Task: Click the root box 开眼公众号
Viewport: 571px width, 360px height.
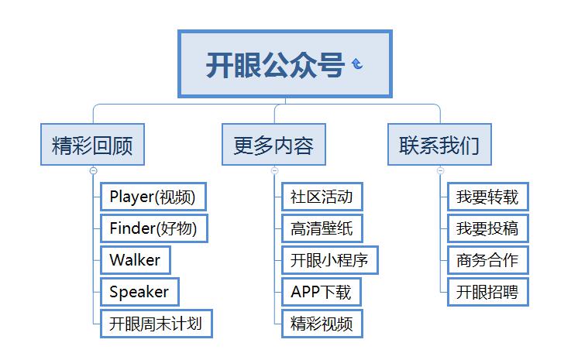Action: coord(285,63)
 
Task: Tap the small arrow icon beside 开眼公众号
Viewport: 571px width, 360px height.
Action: coord(357,63)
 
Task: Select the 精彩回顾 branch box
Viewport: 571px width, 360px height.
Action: coord(92,145)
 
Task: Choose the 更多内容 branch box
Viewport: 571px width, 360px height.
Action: coord(273,145)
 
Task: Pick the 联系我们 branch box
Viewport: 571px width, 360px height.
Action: coord(439,145)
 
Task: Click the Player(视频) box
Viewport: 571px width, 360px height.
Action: coord(153,197)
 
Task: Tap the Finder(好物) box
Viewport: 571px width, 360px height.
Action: coord(154,228)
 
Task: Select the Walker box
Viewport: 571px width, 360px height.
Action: coord(136,260)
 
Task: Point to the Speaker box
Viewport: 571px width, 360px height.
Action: coord(139,292)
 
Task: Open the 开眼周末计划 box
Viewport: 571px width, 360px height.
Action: coord(157,324)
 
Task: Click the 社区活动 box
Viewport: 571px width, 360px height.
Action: coord(322,197)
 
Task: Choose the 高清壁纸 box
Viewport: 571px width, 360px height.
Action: coord(322,228)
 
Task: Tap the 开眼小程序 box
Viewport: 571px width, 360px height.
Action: coord(330,260)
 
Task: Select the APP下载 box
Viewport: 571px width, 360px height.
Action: coord(322,292)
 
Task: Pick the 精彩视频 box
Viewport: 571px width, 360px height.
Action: coord(322,324)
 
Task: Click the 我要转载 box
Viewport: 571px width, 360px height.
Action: coord(488,197)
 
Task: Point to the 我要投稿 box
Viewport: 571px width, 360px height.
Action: coord(488,228)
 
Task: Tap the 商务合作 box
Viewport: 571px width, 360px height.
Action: coord(488,260)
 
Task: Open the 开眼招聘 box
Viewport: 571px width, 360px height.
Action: coord(488,292)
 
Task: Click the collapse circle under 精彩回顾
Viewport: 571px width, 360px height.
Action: coord(94,170)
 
